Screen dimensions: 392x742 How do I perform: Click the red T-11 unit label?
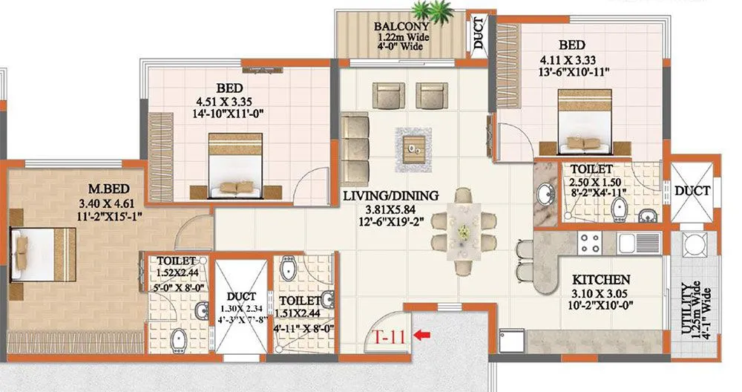point(387,336)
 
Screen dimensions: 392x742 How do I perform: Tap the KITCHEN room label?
point(601,280)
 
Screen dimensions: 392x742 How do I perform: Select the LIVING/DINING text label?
point(390,196)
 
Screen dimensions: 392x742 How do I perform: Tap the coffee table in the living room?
point(413,146)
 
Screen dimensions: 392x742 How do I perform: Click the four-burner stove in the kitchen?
point(589,243)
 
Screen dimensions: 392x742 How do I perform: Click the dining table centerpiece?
point(463,231)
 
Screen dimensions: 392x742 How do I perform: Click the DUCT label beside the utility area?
point(692,191)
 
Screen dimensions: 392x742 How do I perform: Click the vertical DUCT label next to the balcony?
point(478,33)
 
